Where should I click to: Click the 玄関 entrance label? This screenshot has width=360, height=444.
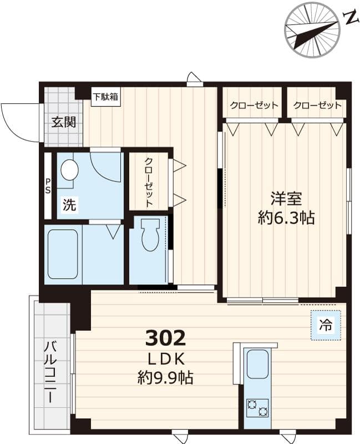pos(63,123)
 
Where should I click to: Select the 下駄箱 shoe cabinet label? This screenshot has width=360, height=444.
pos(105,97)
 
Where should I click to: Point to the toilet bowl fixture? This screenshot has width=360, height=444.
pos(150,235)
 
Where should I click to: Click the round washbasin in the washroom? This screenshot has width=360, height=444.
pos(69,170)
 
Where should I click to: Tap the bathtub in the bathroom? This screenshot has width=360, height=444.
pos(63,254)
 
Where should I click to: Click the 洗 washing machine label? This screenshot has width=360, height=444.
pos(69,205)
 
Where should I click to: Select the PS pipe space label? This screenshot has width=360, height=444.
pos(48,186)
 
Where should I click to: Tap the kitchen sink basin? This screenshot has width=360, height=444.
pos(257,364)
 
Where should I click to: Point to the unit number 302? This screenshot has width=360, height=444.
pos(165,337)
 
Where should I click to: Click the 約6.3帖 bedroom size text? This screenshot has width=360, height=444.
pos(286,218)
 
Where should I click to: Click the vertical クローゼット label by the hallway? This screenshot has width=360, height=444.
pos(149,182)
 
